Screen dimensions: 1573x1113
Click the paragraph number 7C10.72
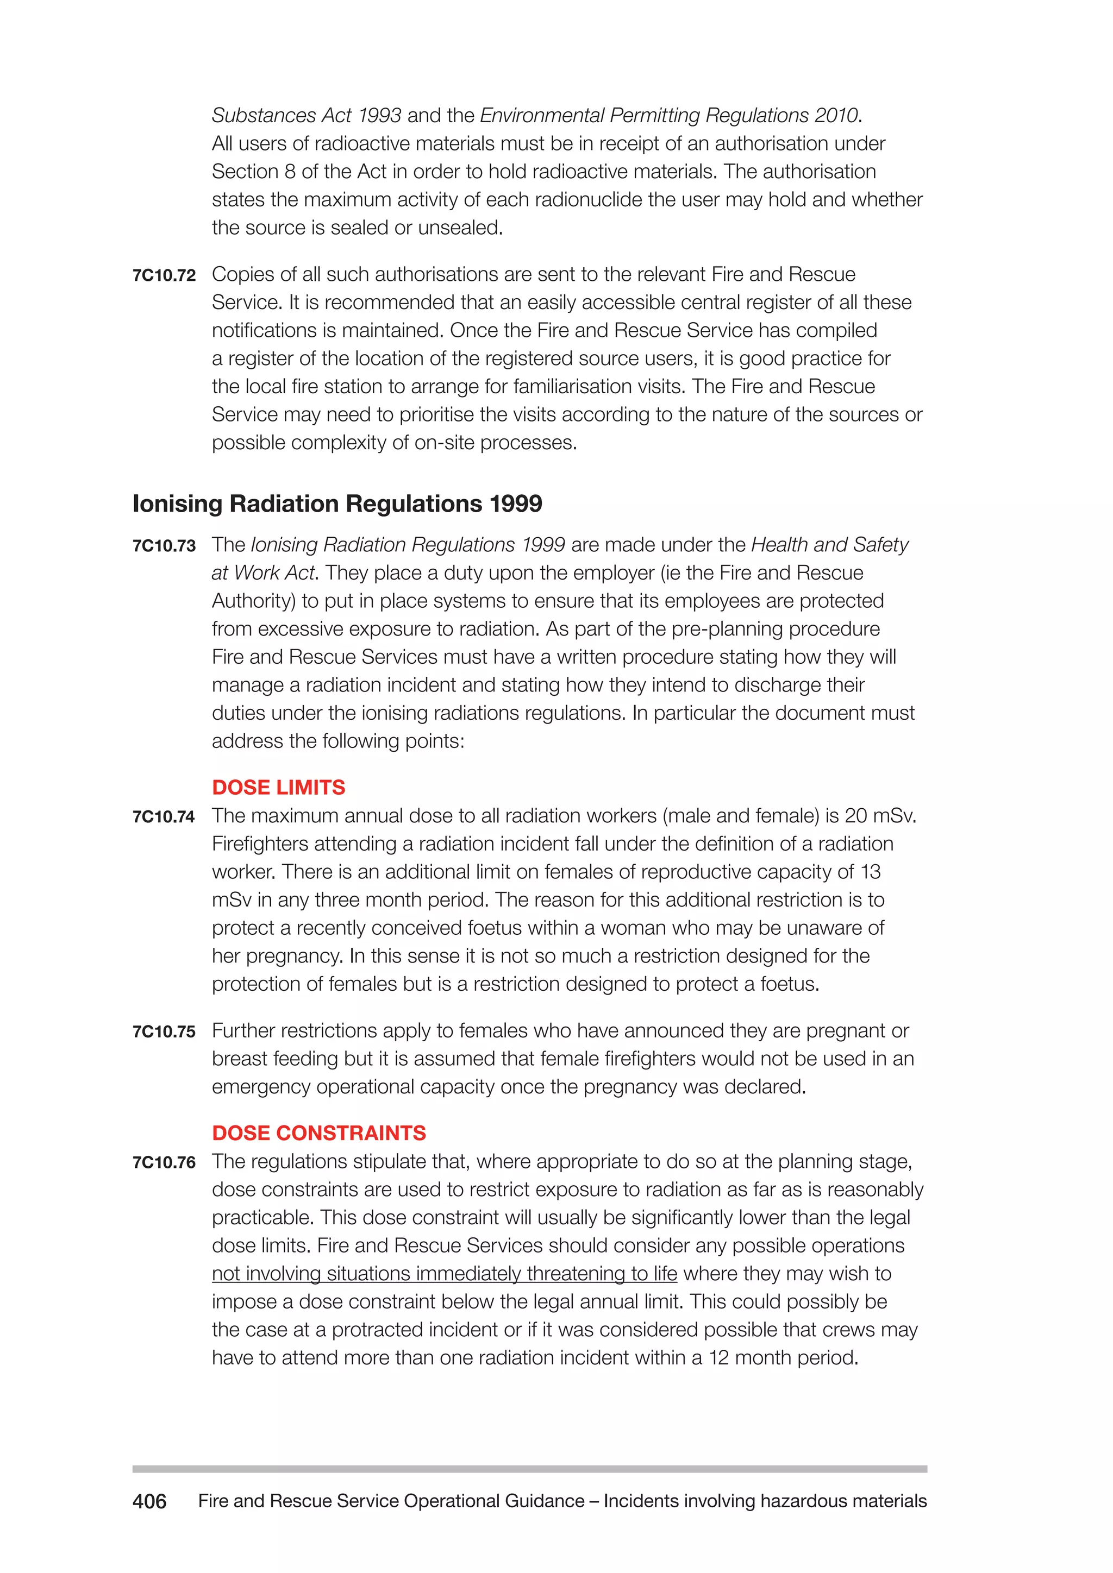(x=164, y=275)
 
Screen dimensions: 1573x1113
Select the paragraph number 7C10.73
(x=164, y=546)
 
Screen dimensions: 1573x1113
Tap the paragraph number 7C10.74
(x=164, y=816)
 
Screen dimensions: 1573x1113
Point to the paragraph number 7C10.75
(x=164, y=1032)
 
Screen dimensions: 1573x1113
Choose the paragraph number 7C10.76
(x=164, y=1162)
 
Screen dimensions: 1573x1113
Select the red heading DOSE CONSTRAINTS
(x=318, y=1133)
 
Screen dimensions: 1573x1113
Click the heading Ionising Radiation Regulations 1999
(x=337, y=504)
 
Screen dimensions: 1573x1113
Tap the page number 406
(x=149, y=1502)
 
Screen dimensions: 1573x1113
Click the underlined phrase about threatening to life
(x=444, y=1274)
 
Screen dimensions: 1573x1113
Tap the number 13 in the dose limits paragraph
(x=871, y=872)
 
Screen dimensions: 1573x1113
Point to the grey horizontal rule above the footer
(x=529, y=1469)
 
